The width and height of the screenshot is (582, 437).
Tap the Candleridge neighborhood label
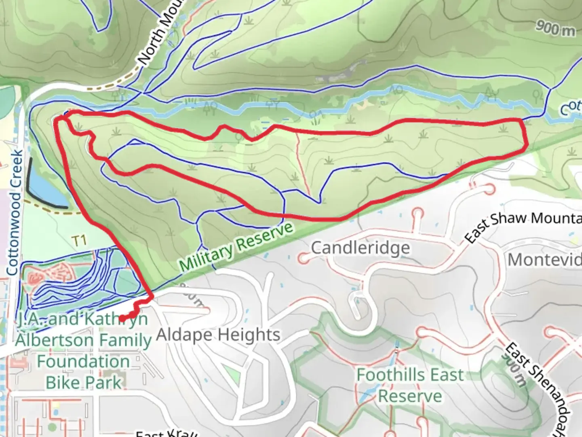point(360,248)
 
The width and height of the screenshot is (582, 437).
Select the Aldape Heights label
point(218,335)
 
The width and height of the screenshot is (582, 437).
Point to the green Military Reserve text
point(236,247)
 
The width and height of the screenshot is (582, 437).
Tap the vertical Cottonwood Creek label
point(15,212)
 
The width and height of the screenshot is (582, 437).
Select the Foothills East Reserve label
point(410,385)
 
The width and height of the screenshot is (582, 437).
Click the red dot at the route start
point(122,318)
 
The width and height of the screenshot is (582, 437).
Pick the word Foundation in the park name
point(83,361)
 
